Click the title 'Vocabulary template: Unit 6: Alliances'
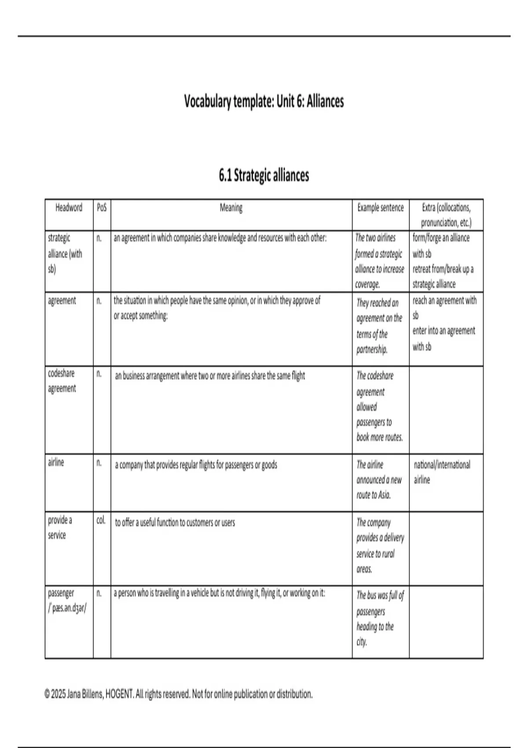click(264, 102)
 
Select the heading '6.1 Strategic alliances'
click(264, 175)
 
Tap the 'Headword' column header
click(69, 208)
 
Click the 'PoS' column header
click(102, 208)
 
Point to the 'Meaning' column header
click(231, 208)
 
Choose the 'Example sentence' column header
click(380, 208)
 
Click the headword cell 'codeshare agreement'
click(62, 381)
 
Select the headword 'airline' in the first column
click(56, 462)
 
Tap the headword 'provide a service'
click(60, 527)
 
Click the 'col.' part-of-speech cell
click(101, 520)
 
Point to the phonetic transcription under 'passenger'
click(67, 609)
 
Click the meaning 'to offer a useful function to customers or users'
click(175, 523)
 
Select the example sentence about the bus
click(380, 618)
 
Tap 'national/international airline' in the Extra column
click(441, 472)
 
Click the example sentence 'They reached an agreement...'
click(379, 326)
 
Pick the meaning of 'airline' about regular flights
click(196, 465)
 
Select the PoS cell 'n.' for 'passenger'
click(99, 593)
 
